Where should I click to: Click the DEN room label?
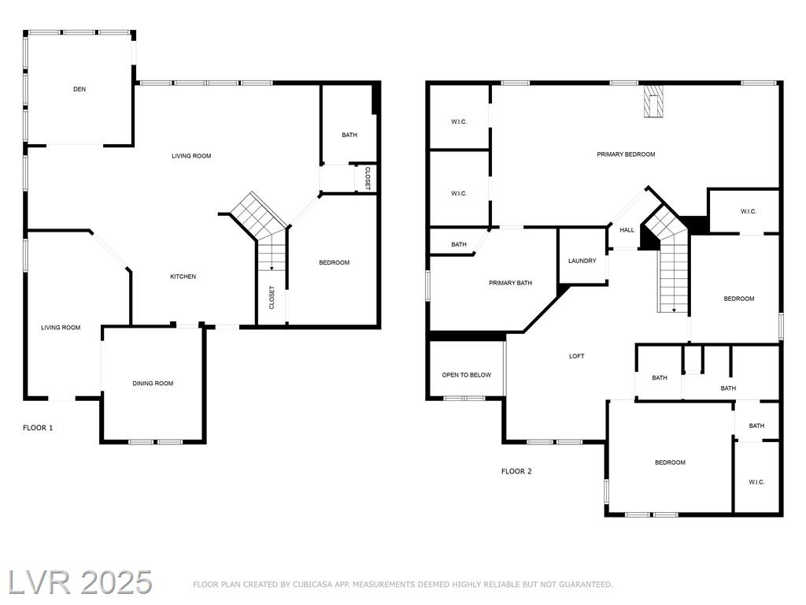click(79, 89)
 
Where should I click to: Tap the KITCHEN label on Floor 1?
click(183, 277)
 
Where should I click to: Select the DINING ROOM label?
click(153, 384)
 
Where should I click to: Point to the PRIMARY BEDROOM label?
click(626, 154)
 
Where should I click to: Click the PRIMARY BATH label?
click(510, 283)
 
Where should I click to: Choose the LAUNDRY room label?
click(582, 261)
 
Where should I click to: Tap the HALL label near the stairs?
click(627, 230)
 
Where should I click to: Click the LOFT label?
click(576, 356)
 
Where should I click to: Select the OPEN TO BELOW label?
click(466, 375)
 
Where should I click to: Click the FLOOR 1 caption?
click(38, 428)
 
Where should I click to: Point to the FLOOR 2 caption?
click(516, 471)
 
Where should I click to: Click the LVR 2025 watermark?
click(80, 583)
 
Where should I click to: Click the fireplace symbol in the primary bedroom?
click(653, 102)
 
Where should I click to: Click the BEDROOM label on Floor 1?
click(334, 262)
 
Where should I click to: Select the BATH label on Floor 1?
click(349, 135)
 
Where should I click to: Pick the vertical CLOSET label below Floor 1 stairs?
click(272, 297)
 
